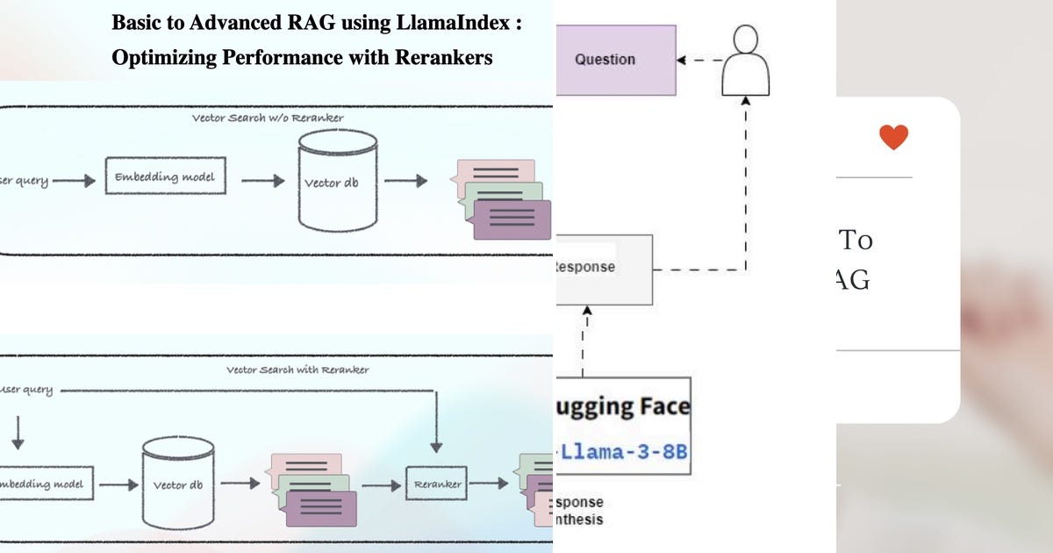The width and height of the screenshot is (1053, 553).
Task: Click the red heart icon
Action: (893, 137)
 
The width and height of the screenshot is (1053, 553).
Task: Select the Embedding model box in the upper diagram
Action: (164, 177)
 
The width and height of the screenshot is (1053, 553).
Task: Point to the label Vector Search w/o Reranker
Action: (268, 118)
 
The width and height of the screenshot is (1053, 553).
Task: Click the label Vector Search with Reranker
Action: (297, 370)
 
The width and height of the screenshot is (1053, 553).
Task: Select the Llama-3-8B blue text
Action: (623, 452)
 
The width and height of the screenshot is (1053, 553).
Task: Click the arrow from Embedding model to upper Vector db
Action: (262, 181)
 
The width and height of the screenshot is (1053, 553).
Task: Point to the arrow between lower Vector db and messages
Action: (247, 484)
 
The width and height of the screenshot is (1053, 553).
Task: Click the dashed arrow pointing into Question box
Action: (698, 61)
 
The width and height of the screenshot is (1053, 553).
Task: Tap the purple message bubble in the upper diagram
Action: (512, 219)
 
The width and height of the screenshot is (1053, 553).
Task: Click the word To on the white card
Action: (856, 240)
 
